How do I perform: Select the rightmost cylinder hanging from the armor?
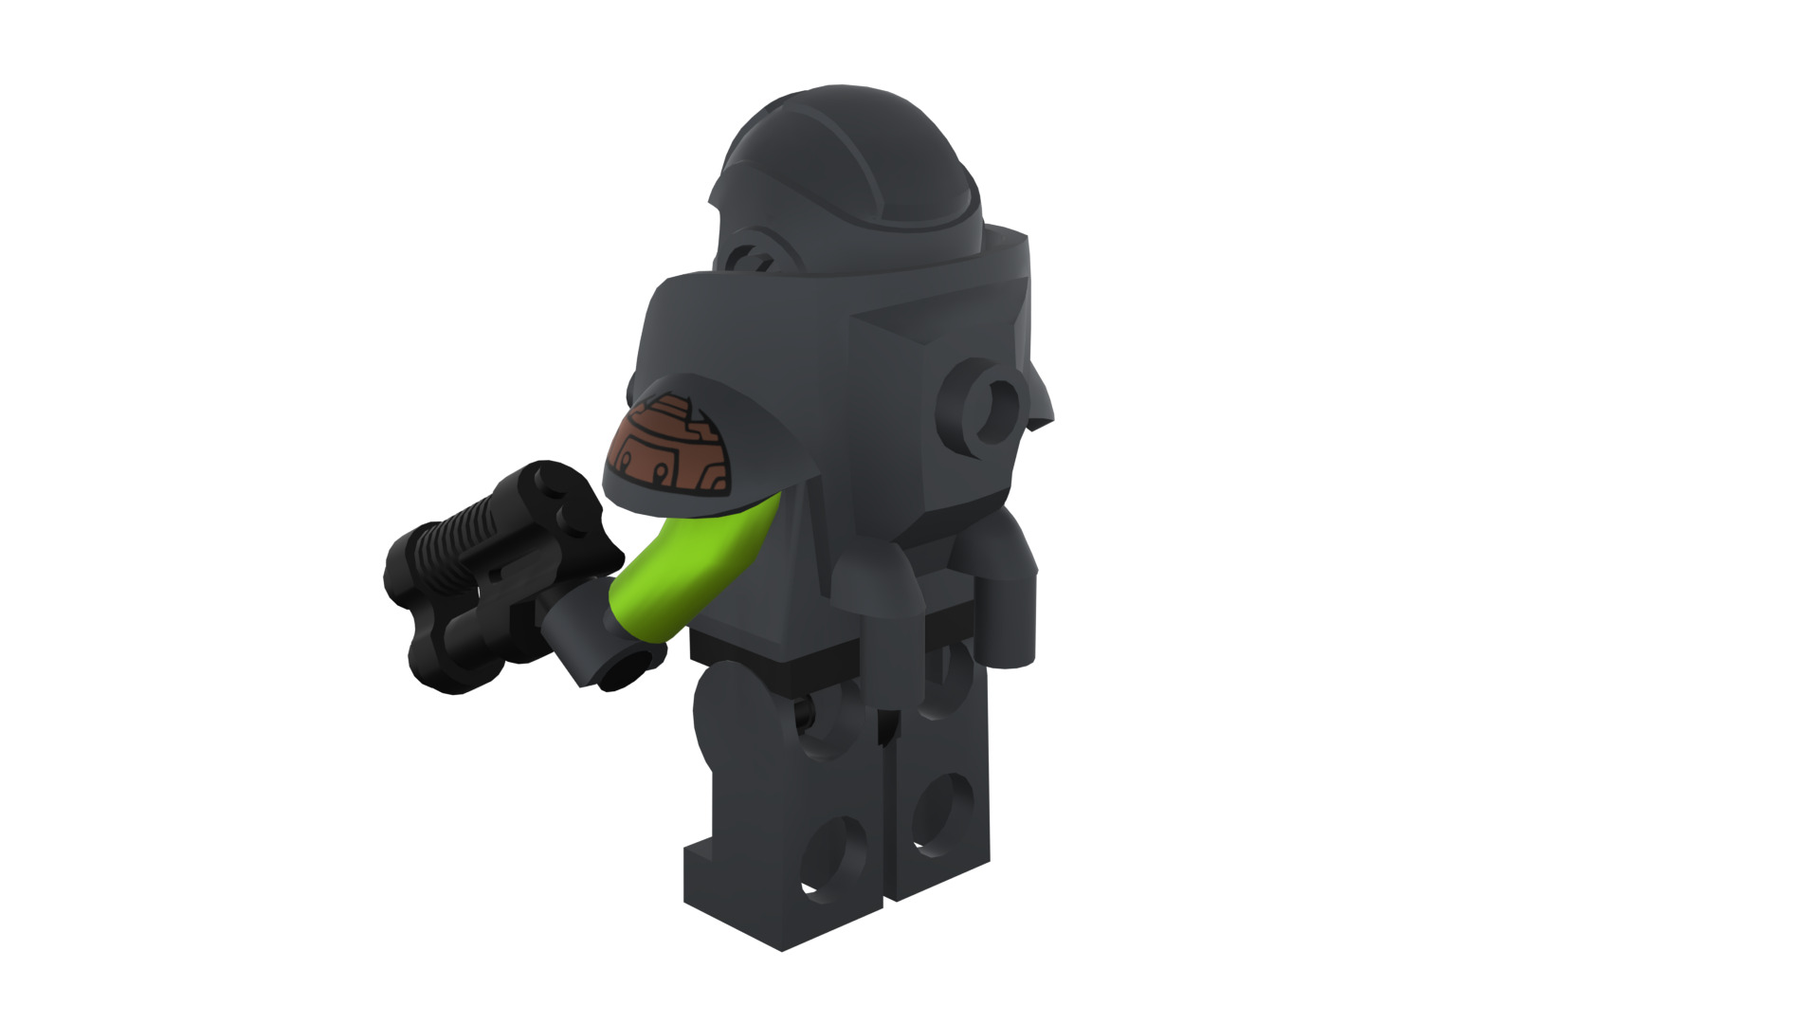pos(1010,607)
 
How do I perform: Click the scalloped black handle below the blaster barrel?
pos(446,654)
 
